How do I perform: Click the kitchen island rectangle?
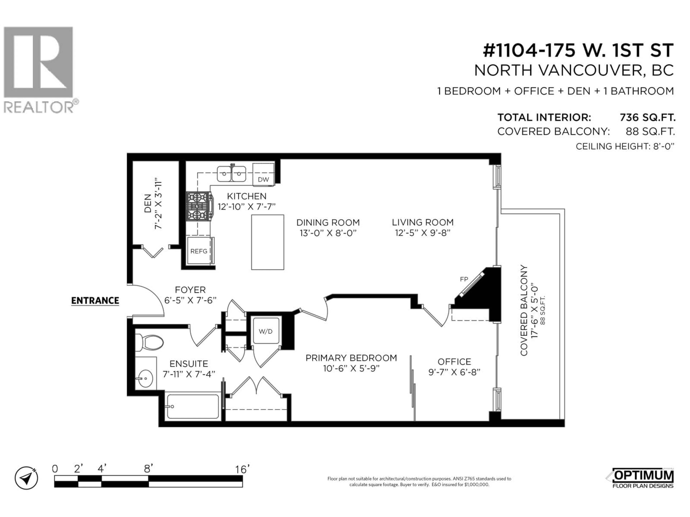(268, 242)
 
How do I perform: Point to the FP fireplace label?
(464, 279)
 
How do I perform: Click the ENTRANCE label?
(95, 301)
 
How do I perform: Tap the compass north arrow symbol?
(27, 478)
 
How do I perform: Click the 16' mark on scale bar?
(242, 469)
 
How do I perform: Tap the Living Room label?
(423, 222)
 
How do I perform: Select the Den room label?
(148, 203)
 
